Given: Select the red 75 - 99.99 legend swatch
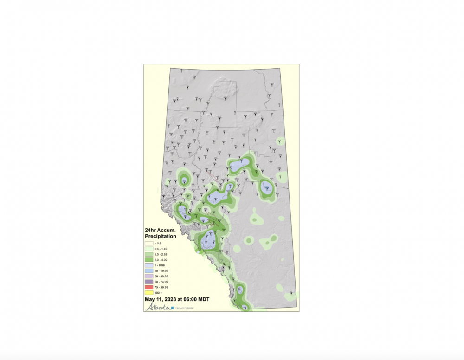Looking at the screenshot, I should point(149,288).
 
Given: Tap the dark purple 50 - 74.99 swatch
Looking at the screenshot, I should point(149,282).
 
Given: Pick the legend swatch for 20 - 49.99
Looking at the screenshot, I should point(149,276).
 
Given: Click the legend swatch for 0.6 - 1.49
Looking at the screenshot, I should point(149,249).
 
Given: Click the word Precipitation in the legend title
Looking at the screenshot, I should point(161,236).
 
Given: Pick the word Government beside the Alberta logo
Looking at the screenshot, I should point(185,308).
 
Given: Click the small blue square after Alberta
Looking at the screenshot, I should point(172,308).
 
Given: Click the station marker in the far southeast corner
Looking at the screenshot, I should point(292,293).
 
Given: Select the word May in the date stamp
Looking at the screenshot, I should point(149,300).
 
